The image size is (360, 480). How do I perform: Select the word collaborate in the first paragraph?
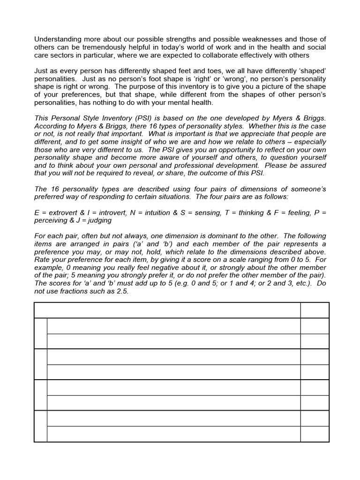pyautogui.click(x=236, y=55)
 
